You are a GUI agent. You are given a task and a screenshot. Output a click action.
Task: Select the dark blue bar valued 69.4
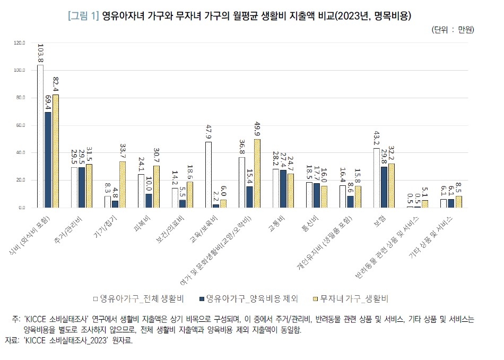[x=48, y=160]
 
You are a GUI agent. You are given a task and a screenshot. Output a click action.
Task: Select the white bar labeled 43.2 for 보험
[x=377, y=178]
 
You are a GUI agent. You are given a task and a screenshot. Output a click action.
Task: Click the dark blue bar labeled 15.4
[x=249, y=197]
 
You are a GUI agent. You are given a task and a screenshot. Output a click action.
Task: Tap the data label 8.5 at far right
[x=458, y=187]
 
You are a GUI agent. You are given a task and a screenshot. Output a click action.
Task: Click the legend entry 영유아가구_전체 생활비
[x=137, y=298]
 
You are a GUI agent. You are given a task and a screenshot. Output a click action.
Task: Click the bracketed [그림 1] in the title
[x=83, y=15]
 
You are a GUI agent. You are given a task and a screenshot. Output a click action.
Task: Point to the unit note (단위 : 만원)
[x=453, y=30]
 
